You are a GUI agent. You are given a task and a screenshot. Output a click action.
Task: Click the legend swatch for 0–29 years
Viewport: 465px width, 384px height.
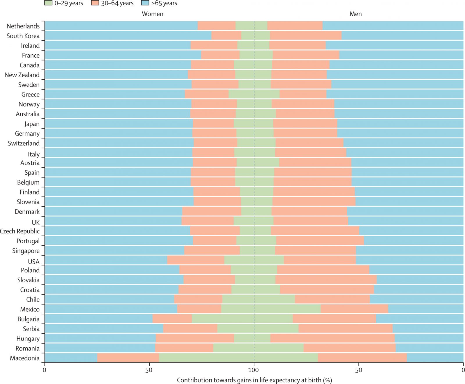click(48, 3)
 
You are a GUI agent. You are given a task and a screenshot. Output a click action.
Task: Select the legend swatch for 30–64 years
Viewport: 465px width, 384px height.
click(95, 3)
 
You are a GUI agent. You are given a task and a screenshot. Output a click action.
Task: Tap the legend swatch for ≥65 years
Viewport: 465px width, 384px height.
click(145, 3)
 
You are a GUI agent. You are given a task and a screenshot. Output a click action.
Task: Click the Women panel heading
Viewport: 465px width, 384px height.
click(152, 14)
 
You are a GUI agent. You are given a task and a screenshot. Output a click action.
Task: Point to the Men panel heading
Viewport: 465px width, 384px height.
click(355, 14)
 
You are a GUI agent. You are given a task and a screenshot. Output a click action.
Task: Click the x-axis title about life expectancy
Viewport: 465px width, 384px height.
click(254, 380)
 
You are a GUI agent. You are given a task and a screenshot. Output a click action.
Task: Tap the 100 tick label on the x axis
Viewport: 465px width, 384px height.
click(254, 370)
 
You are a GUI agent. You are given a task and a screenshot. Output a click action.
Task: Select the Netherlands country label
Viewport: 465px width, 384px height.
click(23, 26)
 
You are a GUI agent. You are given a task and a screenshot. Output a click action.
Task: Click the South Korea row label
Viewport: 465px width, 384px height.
click(23, 36)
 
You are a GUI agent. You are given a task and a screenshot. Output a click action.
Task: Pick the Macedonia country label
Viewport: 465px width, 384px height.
click(25, 358)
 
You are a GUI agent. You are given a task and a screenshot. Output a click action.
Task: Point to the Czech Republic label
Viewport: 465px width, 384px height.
click(20, 231)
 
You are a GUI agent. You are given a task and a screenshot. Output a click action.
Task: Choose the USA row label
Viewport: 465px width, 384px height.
click(34, 262)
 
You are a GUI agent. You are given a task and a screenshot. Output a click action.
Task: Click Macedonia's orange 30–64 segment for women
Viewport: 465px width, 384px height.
click(128, 358)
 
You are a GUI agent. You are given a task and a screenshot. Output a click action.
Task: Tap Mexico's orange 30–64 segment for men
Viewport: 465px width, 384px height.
click(354, 309)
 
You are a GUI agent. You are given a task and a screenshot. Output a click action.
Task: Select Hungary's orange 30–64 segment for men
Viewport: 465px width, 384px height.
click(332, 338)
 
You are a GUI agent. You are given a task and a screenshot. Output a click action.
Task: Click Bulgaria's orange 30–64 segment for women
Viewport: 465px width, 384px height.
click(172, 319)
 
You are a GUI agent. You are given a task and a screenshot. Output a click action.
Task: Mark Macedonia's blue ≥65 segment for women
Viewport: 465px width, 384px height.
click(71, 358)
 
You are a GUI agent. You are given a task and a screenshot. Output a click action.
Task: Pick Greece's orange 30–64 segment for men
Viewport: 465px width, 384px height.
click(303, 94)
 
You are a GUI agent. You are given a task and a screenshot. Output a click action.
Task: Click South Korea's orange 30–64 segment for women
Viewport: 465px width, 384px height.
click(226, 36)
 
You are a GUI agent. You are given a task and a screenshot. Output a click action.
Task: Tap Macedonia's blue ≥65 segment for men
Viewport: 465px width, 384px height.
click(435, 358)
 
